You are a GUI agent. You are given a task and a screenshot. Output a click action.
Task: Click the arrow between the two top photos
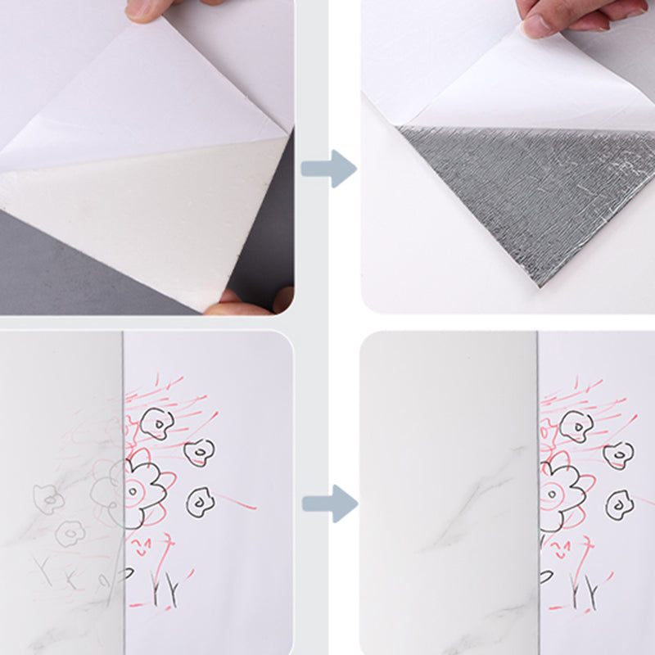[328, 169]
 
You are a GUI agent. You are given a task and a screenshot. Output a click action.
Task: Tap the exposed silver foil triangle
[524, 196]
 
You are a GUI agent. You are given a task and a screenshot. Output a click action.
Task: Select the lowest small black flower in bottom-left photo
[199, 500]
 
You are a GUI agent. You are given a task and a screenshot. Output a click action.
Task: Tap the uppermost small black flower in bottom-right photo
[576, 425]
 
